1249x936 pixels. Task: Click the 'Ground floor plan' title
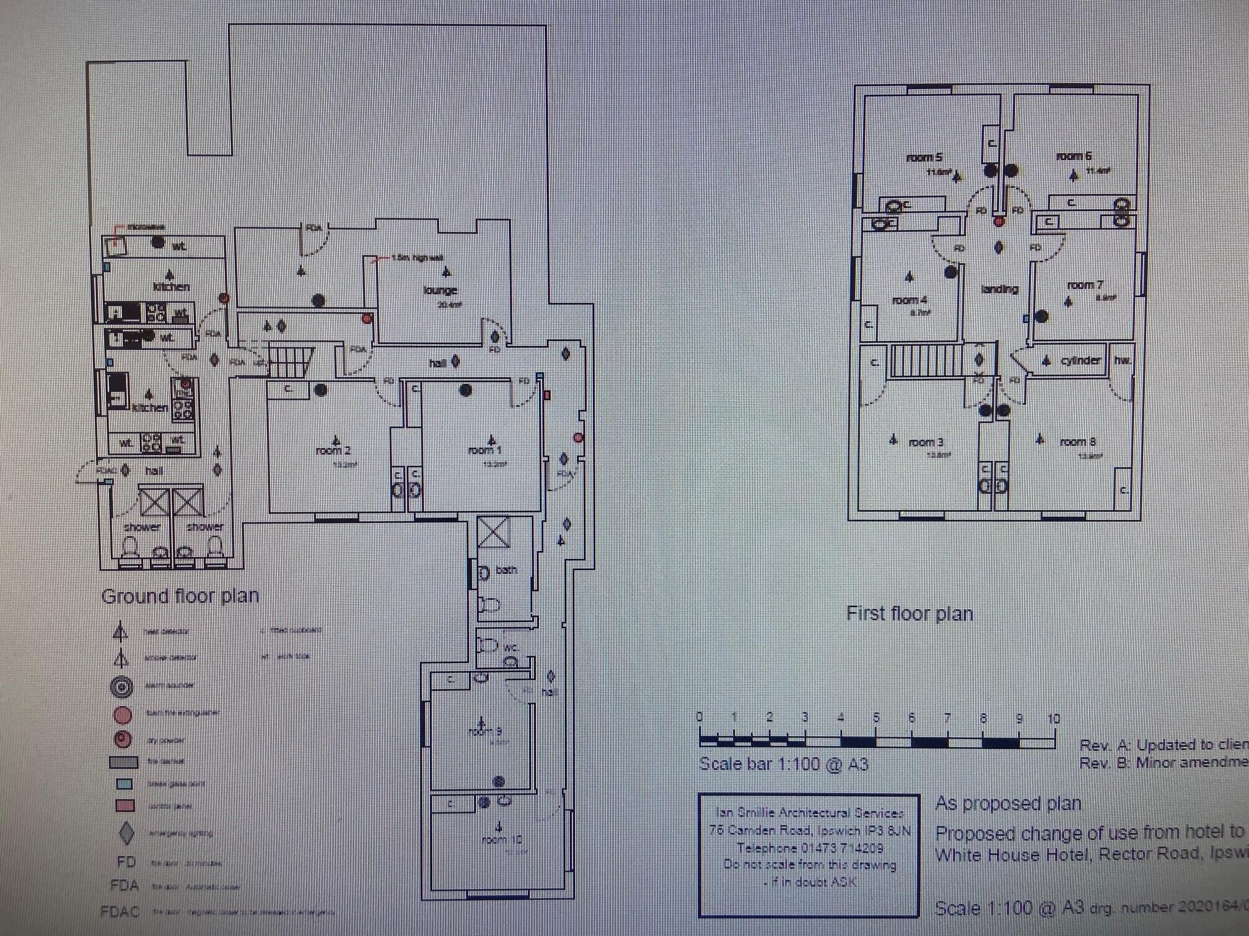click(180, 596)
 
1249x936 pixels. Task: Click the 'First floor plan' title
click(909, 613)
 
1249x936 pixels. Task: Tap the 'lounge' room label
click(440, 290)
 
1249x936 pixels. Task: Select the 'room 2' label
click(333, 451)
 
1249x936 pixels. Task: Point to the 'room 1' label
click(484, 450)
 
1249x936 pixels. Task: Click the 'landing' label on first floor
click(999, 289)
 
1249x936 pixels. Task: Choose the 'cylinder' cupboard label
click(1080, 360)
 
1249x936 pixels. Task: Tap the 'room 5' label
click(924, 158)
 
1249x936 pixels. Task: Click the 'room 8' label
click(1077, 442)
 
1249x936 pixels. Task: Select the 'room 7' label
click(1085, 285)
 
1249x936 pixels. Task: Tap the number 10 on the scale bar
click(1054, 719)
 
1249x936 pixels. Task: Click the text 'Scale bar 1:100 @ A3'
click(783, 764)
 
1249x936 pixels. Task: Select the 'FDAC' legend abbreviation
click(120, 912)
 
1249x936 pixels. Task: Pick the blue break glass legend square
click(125, 784)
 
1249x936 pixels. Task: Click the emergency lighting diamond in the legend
click(126, 833)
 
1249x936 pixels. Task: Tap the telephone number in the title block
click(810, 847)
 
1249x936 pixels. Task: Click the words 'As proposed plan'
click(1008, 804)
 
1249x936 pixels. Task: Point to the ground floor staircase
click(290, 362)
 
